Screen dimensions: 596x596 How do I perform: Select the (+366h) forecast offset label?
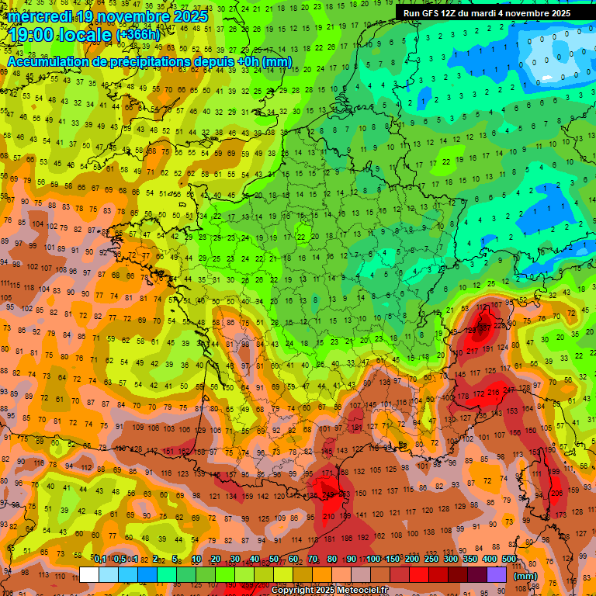138,35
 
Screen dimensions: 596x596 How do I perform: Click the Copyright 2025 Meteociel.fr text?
330,590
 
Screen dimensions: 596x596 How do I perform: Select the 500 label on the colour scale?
509,559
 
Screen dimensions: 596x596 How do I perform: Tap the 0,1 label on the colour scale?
100,559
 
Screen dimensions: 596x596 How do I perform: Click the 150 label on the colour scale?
392,559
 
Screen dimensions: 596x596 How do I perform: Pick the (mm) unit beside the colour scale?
525,575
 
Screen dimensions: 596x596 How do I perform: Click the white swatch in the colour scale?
89,574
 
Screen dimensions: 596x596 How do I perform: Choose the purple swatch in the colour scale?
497,574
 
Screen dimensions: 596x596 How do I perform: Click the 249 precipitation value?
329,494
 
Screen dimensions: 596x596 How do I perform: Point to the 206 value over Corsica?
556,494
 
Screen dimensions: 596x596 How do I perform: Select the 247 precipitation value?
509,390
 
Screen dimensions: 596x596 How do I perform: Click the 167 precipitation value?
497,305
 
